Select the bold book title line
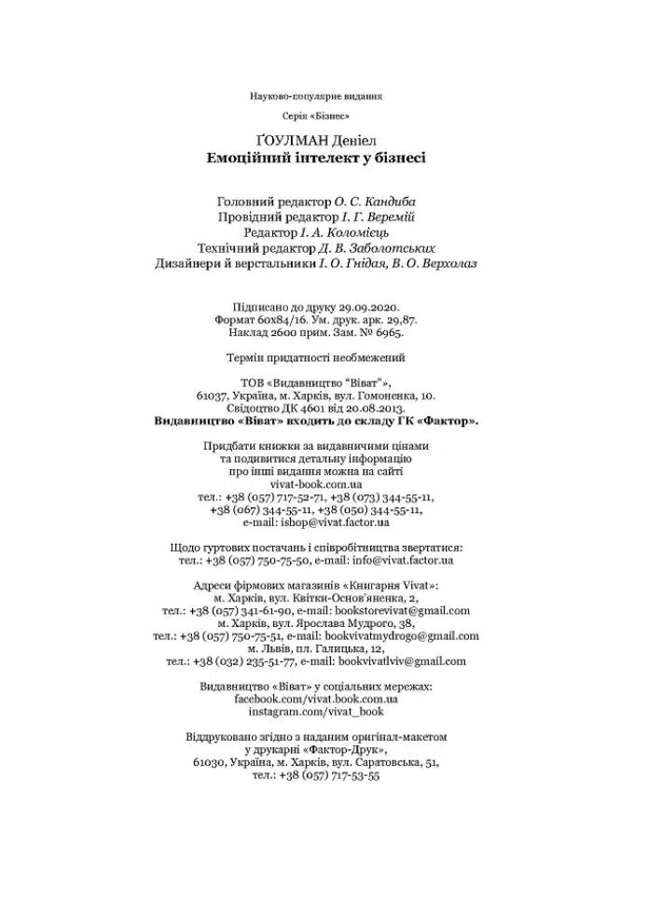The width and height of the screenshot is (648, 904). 316,158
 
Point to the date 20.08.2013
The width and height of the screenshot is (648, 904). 379,408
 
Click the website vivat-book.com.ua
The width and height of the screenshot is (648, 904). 316,485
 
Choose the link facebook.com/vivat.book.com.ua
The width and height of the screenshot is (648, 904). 316,698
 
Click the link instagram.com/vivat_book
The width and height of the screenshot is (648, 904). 316,711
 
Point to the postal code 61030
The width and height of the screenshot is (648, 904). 211,762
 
